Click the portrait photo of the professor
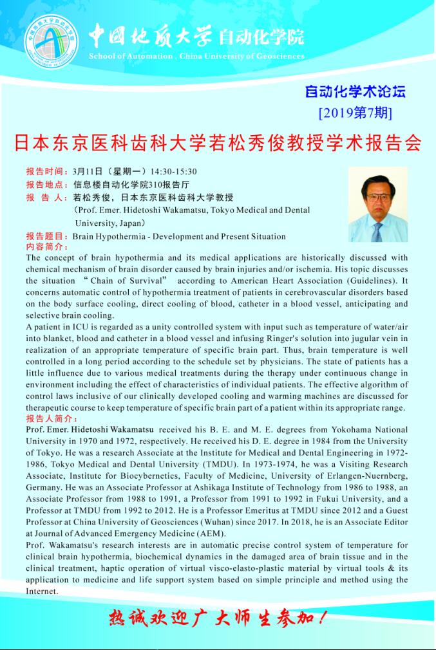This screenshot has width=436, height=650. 377,205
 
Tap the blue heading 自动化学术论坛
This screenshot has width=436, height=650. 355,91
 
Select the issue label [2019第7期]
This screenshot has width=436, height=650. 355,113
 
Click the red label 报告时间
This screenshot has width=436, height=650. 46,171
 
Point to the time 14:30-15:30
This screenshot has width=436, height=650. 173,171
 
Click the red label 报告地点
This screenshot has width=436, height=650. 46,184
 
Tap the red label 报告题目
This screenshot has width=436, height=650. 46,236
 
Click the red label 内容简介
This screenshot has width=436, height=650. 46,246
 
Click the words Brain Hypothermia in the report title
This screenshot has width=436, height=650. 106,236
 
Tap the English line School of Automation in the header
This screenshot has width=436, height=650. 129,57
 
